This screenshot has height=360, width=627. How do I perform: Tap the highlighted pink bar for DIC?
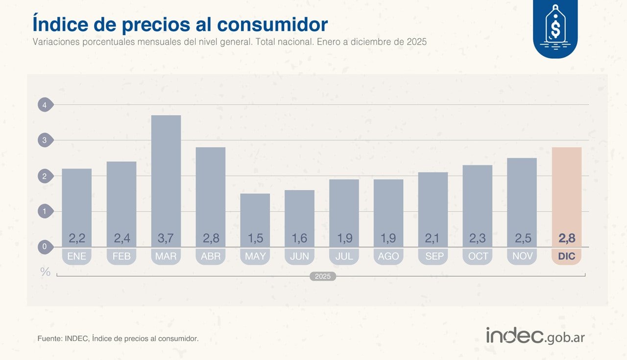click(566, 191)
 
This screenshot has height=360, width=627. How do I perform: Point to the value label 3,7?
click(166, 239)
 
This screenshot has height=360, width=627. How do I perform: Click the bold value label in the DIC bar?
click(567, 239)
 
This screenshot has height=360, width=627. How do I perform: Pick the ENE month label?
click(77, 256)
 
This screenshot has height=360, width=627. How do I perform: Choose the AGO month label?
click(388, 256)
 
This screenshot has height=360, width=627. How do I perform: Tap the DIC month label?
click(567, 256)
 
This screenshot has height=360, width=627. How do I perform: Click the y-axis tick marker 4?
click(45, 105)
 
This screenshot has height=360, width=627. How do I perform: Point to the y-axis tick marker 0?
click(45, 247)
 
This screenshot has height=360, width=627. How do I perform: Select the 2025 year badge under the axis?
click(323, 276)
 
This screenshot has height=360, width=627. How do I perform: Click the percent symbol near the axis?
click(45, 272)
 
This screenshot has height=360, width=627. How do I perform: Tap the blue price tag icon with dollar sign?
click(555, 29)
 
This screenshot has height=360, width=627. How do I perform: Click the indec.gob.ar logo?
click(535, 336)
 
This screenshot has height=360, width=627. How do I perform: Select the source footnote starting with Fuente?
click(118, 338)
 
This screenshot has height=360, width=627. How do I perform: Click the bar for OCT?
click(478, 201)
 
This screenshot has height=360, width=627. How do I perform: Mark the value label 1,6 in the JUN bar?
click(299, 239)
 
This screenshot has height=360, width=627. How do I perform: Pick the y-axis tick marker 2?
click(45, 176)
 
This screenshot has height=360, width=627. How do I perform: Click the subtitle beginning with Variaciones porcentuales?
click(229, 42)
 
